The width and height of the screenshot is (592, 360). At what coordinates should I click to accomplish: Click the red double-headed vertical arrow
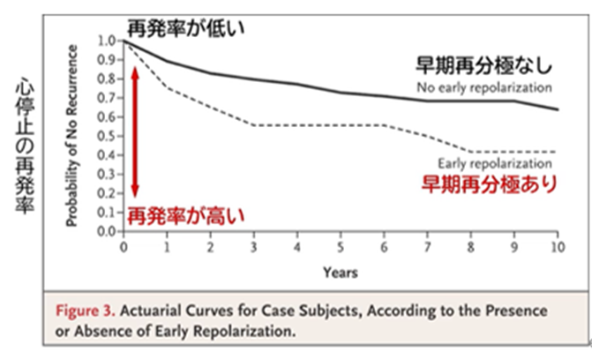[x=135, y=132]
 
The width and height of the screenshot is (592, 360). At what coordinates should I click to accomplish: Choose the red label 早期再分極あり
[x=488, y=184]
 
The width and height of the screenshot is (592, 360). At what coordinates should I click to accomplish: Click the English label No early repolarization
[x=484, y=87]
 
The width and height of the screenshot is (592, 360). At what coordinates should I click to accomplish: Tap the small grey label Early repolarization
[x=495, y=164]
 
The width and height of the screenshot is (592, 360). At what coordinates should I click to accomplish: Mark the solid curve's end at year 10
[x=556, y=109]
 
